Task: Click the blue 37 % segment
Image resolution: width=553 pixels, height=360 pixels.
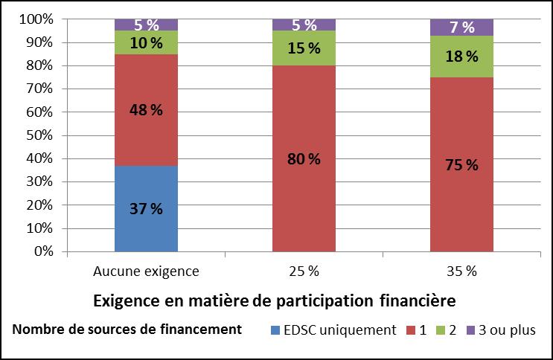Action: click(x=146, y=208)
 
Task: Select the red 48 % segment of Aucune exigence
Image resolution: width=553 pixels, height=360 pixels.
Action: click(x=146, y=110)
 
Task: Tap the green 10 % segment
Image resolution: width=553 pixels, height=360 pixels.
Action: click(x=146, y=42)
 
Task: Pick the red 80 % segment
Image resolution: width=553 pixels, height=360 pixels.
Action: click(x=304, y=158)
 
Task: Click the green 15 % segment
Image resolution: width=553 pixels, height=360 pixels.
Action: click(x=304, y=48)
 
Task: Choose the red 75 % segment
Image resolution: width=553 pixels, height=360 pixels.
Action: click(x=461, y=164)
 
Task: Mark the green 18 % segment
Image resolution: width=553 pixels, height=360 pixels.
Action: click(x=461, y=57)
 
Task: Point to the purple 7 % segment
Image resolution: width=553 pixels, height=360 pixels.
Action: click(x=461, y=28)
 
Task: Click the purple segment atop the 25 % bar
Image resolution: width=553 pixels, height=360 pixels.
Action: click(x=304, y=25)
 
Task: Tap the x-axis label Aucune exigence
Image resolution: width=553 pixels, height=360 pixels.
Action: click(x=146, y=271)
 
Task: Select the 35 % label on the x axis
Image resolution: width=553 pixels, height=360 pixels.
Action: click(x=461, y=271)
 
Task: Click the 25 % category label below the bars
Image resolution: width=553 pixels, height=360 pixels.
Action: click(x=304, y=271)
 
